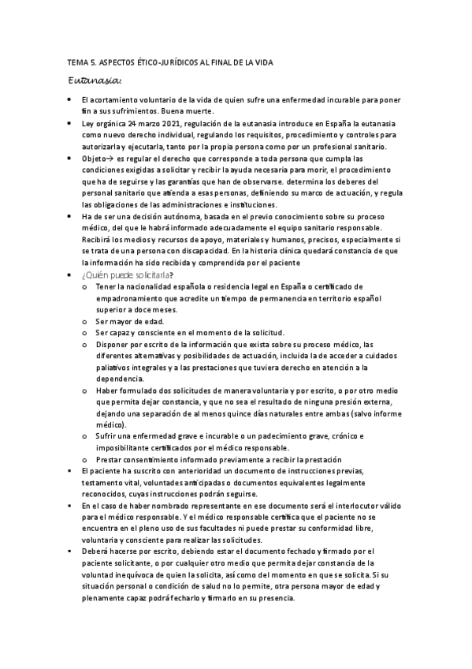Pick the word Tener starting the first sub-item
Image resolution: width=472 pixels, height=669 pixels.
pyautogui.click(x=106, y=287)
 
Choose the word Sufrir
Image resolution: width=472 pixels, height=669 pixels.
pyautogui.click(x=107, y=436)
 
